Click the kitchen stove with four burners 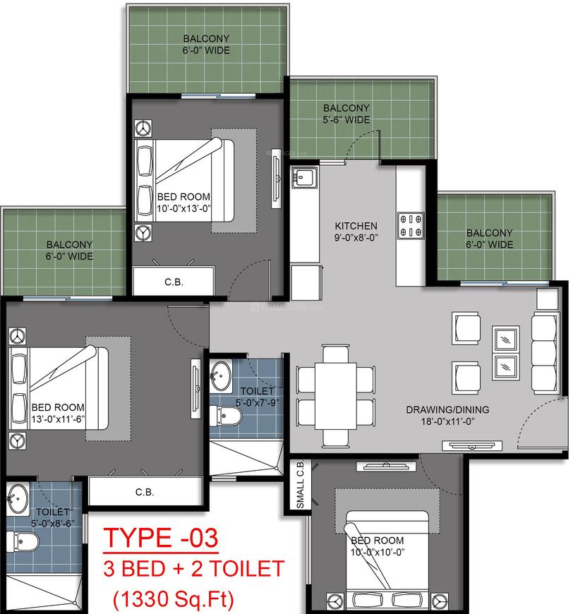[411, 226]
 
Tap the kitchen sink [304, 177]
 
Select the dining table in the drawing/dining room [336, 397]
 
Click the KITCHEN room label [356, 226]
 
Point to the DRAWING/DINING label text [447, 409]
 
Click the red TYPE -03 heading [161, 538]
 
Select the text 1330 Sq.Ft [174, 598]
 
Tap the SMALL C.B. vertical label [301, 484]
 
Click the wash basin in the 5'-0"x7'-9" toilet [221, 376]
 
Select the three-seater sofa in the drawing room [544, 354]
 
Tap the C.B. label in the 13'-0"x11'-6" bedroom [145, 492]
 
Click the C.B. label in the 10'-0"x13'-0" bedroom [174, 282]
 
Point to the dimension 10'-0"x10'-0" [377, 552]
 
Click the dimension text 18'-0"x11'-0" [447, 421]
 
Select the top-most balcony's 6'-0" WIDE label [206, 50]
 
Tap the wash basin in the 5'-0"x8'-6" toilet [18, 498]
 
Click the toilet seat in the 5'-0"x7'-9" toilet [226, 416]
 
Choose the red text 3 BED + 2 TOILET [194, 569]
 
